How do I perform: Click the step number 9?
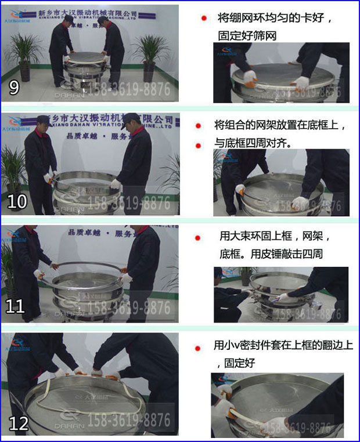(x=14, y=88)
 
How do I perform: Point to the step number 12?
(x=19, y=423)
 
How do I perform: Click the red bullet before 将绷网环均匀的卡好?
(x=204, y=19)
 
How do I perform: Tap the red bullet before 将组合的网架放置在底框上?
(x=199, y=125)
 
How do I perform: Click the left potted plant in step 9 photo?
(x=23, y=55)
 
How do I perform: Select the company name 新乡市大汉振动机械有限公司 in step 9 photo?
(x=88, y=13)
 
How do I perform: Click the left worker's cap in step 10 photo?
(x=42, y=119)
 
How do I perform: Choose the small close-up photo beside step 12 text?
(x=280, y=404)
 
